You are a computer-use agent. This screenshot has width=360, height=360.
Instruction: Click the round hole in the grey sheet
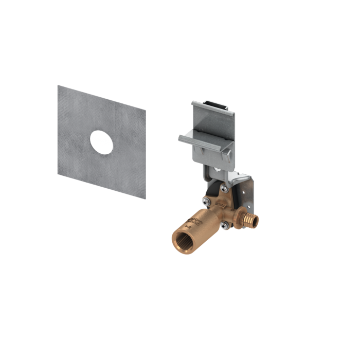(x=101, y=142)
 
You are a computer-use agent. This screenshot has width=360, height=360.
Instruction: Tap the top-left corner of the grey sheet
(x=58, y=86)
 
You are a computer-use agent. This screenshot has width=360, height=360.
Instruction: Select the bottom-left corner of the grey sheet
(x=58, y=174)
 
